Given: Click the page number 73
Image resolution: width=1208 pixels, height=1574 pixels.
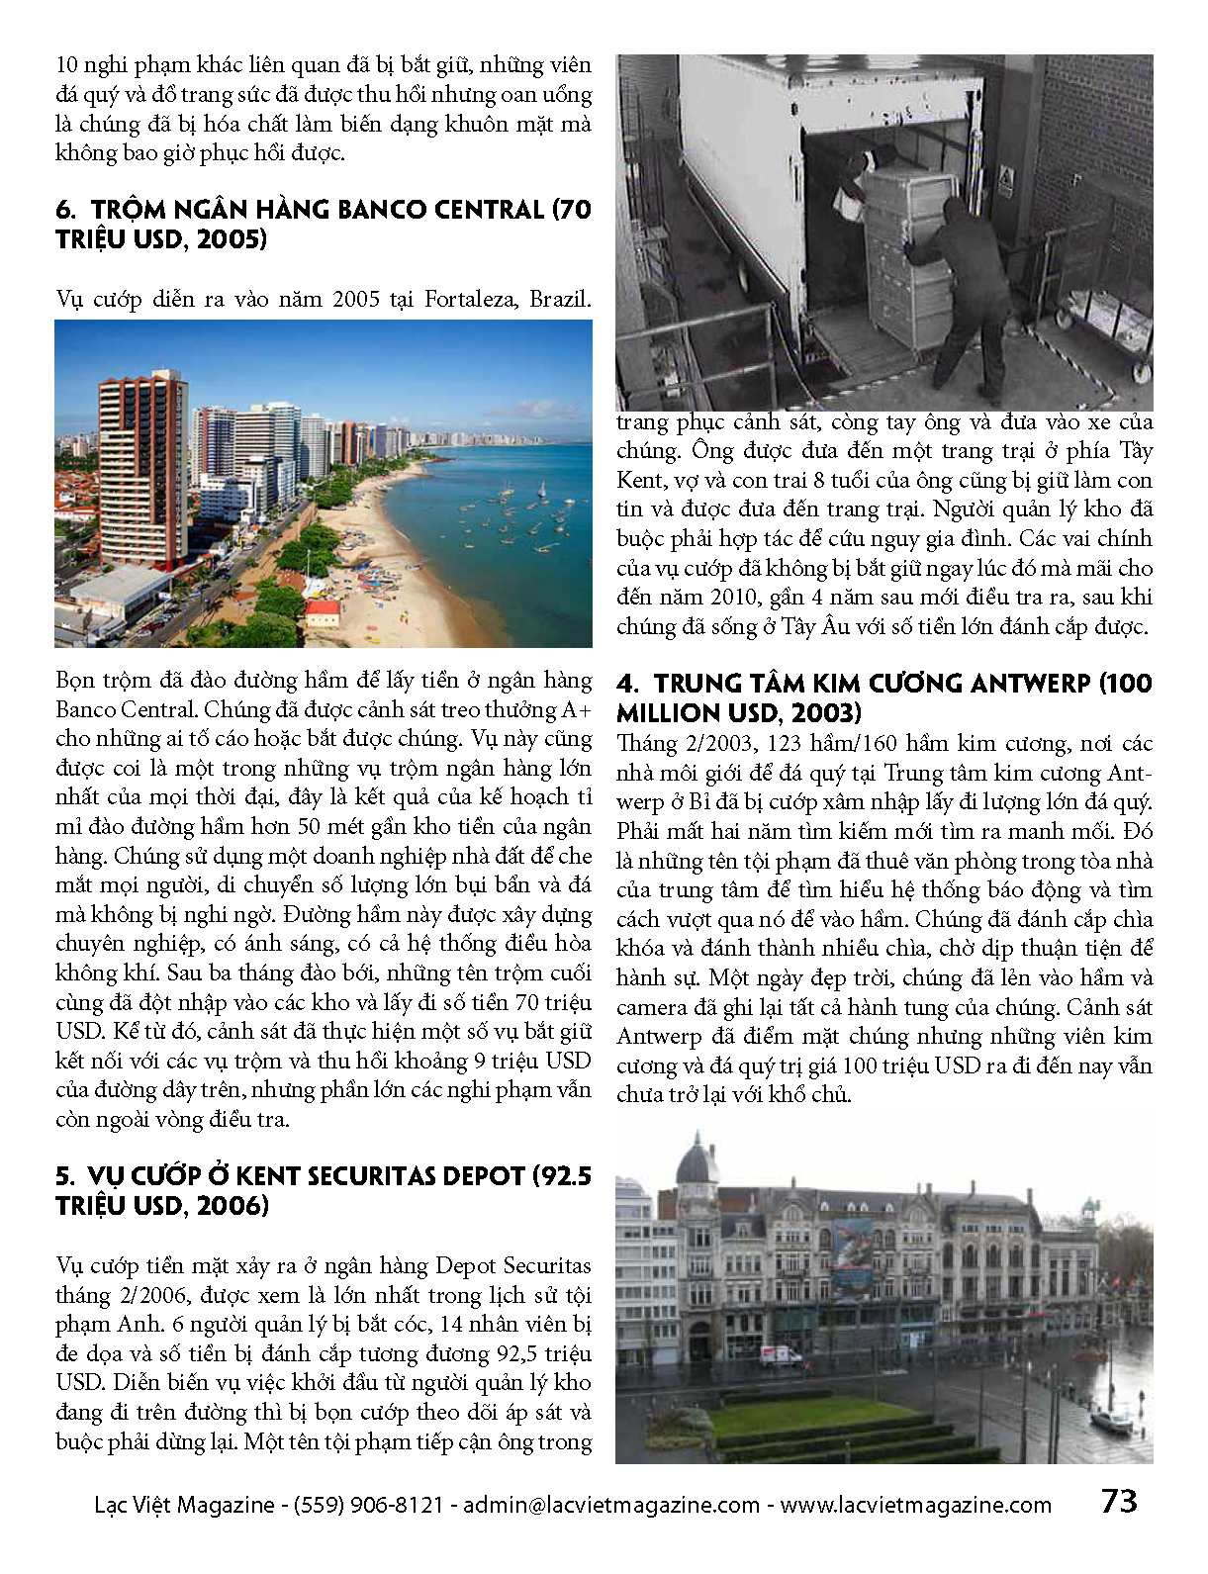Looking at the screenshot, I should pos(1119,1502).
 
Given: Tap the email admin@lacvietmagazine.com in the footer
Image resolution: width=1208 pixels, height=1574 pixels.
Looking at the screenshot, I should pos(611,1506).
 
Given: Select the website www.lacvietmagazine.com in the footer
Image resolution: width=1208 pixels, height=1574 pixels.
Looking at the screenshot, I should pos(915,1506).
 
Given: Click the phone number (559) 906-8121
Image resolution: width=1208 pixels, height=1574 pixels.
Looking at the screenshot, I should pos(368,1506).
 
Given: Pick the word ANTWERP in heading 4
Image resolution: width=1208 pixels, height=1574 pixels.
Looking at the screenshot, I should pos(1031,684).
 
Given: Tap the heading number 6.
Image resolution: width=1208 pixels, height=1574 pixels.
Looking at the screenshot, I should pos(65,210).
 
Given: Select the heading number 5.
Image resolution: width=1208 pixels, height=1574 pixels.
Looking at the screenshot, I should pos(64,1176).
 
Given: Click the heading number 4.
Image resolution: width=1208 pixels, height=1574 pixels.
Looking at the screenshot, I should pos(626,684).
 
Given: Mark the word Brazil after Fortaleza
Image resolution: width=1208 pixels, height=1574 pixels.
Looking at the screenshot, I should pos(559,299).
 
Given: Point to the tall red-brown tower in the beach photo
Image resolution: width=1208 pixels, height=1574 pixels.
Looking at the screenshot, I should pos(142,465).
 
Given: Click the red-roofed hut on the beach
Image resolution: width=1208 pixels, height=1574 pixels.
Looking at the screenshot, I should pos(323,612).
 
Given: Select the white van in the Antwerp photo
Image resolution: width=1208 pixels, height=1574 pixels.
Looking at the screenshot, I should pos(782,1354).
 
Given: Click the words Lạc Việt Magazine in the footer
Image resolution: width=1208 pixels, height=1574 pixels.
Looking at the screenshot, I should pos(184,1506).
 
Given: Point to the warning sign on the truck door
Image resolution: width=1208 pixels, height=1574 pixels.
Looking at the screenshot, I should pos(1006,181).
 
